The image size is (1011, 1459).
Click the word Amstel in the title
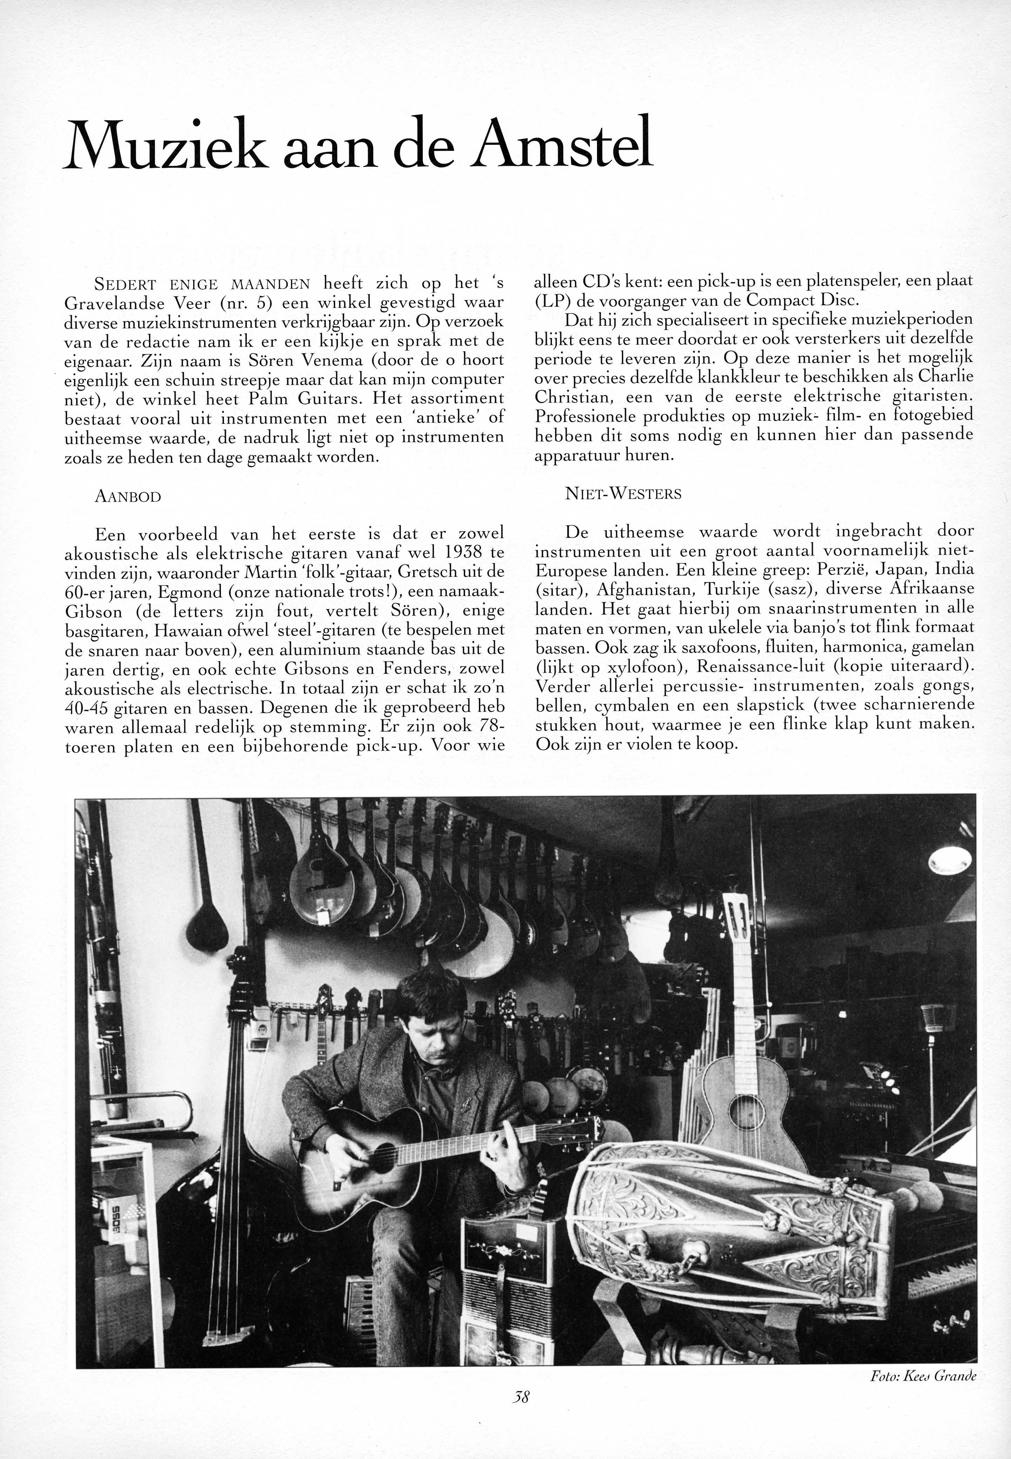[564, 143]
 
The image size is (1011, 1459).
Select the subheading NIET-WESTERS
[623, 494]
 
